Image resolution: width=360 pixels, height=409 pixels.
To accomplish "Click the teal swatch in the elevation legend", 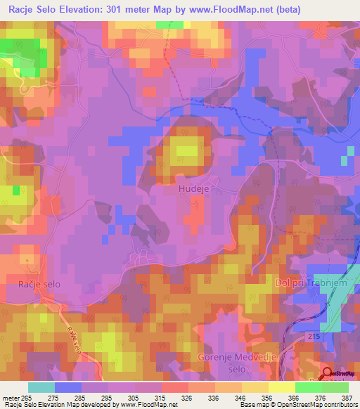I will pyautogui.click(x=41, y=387).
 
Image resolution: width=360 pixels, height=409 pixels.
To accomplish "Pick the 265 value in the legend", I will pyautogui.click(x=27, y=398).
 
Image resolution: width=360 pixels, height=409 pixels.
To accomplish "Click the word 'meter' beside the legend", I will pyautogui.click(x=11, y=398).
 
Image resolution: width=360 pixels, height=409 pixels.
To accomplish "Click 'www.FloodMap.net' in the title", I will pyautogui.click(x=239, y=10).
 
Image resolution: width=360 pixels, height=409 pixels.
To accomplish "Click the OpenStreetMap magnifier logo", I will pyautogui.click(x=328, y=375).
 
